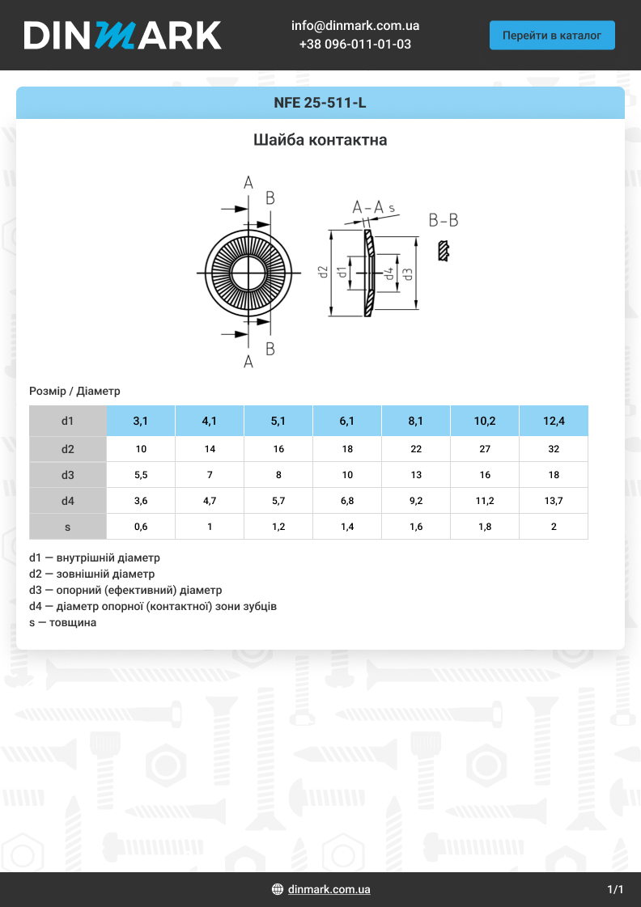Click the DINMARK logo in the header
tap(122, 35)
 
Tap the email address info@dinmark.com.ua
tap(354, 26)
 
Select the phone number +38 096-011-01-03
tap(354, 45)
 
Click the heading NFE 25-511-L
tap(320, 104)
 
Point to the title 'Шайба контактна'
tap(320, 140)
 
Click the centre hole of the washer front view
tap(248, 273)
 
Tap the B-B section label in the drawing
tap(443, 220)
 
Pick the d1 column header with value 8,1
tap(416, 421)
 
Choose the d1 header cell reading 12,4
tap(554, 421)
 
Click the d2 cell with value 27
tap(485, 449)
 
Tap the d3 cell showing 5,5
tap(141, 475)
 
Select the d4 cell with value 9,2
tap(416, 501)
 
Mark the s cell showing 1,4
tap(347, 527)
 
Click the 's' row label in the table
tap(68, 527)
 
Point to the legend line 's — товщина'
tap(62, 622)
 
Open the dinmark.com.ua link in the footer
tap(329, 889)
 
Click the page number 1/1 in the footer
tap(615, 889)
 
